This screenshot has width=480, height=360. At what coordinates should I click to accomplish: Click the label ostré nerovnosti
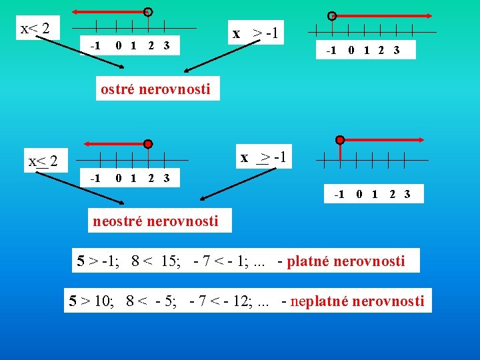point(155,89)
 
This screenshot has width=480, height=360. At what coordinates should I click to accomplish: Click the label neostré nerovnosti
point(155,221)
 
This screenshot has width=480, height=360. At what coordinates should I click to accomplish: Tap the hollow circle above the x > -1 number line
point(331,16)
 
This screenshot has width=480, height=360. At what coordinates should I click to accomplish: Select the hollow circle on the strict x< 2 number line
point(148,12)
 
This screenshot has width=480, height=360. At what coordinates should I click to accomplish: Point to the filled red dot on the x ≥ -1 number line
point(340,140)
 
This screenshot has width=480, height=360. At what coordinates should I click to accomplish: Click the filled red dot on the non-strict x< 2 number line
point(148,143)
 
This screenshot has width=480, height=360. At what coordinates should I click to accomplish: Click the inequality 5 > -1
point(97,261)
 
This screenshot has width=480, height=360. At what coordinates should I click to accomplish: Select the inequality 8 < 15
point(153,261)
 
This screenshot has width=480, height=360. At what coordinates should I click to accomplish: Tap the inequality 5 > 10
point(92,301)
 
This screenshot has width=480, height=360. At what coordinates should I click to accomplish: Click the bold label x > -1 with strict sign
point(256,32)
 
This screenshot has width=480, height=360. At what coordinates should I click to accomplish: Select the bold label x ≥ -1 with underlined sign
point(264,157)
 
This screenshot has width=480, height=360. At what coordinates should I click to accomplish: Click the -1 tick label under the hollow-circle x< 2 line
point(95,45)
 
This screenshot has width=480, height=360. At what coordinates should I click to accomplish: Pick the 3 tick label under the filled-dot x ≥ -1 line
point(407,195)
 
